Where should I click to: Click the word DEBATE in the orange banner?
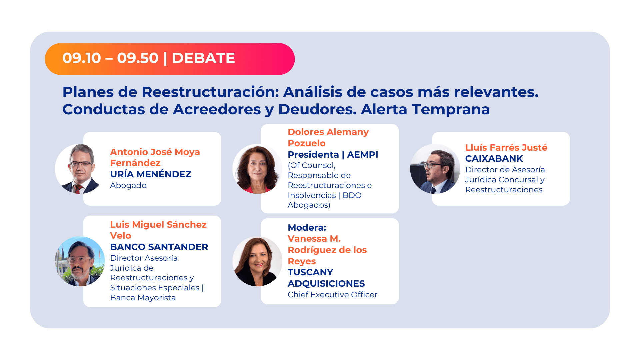[x=203, y=58]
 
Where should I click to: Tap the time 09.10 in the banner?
[x=82, y=58]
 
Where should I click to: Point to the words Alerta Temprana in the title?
[x=425, y=110]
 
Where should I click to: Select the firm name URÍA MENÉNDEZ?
[x=151, y=174]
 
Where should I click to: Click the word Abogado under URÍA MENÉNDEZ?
[x=128, y=185]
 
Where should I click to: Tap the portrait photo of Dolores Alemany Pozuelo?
[x=257, y=169]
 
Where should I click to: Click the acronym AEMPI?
[x=363, y=155]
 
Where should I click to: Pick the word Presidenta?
[x=313, y=155]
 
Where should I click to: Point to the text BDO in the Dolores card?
[x=352, y=195]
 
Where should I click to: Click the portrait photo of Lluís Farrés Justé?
[x=435, y=169]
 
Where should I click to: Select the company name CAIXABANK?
[x=494, y=159]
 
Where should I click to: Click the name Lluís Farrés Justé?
[x=506, y=148]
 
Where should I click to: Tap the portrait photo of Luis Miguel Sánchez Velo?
[x=80, y=261]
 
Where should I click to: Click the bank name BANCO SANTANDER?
[x=159, y=247]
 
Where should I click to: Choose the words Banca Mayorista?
[x=143, y=298]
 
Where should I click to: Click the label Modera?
[x=307, y=228]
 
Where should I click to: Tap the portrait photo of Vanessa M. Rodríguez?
[x=257, y=261]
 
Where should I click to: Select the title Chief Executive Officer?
[x=333, y=295]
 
